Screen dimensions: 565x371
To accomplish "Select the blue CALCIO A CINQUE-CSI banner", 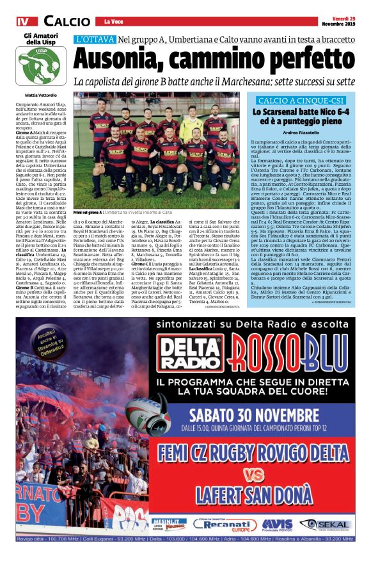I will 301,101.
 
